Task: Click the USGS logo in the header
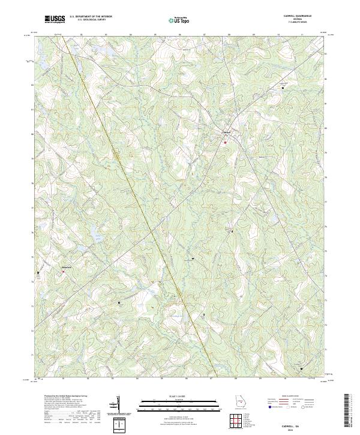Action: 55,19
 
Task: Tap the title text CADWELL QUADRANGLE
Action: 302,16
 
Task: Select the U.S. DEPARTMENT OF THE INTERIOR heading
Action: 91,16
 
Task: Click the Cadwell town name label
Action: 227,133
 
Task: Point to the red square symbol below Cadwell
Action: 226,143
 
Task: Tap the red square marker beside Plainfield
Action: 62,272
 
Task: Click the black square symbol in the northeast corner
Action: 283,88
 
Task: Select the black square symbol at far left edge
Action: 38,272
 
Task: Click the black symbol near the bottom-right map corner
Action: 301,368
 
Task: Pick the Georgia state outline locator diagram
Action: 241,403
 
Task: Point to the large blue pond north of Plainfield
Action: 78,248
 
